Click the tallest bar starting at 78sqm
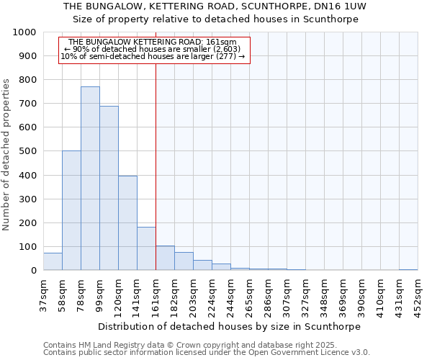coord(90,179)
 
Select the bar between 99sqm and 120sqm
coord(109,189)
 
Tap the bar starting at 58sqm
coord(71,210)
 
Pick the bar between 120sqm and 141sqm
coord(127,223)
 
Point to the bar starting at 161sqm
coord(165,258)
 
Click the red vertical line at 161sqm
coord(156,158)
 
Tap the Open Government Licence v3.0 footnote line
coord(207,353)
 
